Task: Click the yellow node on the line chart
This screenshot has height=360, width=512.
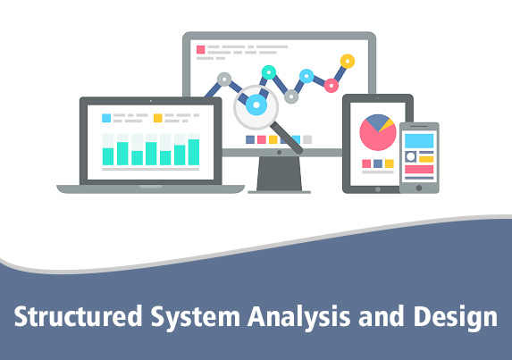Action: [x=347, y=61]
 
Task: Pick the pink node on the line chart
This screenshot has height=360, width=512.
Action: [x=332, y=86]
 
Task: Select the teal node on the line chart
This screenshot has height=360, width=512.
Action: [x=267, y=72]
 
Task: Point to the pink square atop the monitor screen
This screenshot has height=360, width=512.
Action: [x=200, y=48]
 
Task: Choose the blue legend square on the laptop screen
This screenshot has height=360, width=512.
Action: [x=106, y=118]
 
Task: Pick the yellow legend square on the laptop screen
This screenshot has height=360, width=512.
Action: [x=158, y=118]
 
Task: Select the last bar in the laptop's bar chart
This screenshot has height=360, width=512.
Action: [x=194, y=152]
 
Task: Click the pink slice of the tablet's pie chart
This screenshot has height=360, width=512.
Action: [x=376, y=137]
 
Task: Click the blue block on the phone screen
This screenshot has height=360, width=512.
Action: [x=419, y=140]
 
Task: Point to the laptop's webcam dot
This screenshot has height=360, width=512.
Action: [x=151, y=101]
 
